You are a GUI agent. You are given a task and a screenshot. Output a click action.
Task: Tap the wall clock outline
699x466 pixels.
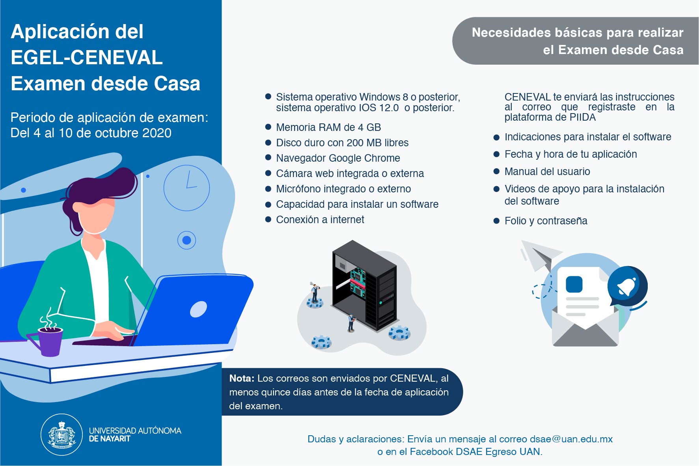(x=186, y=188)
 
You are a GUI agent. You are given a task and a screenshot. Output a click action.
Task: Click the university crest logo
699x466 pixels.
(x=62, y=434)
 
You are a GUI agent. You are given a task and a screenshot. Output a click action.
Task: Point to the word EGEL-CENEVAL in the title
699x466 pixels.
(x=87, y=58)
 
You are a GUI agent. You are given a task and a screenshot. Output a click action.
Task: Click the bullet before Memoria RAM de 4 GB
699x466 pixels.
(x=268, y=127)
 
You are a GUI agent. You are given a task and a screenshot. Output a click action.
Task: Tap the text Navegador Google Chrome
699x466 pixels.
(x=338, y=158)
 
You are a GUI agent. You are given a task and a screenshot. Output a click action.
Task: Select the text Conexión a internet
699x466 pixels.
(x=320, y=220)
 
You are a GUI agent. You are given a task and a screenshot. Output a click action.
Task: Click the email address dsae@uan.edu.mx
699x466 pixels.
(x=571, y=439)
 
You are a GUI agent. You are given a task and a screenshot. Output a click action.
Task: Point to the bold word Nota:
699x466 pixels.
(x=242, y=378)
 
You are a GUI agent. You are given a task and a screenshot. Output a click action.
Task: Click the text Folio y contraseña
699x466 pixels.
(x=546, y=221)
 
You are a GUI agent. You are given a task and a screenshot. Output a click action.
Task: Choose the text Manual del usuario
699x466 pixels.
(x=547, y=171)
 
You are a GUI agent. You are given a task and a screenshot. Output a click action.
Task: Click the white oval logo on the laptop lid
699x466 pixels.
(x=198, y=309)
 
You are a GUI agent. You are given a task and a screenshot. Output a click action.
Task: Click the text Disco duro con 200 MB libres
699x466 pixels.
(x=342, y=143)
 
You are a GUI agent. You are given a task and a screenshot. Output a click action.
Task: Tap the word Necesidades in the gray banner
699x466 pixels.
(x=511, y=32)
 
